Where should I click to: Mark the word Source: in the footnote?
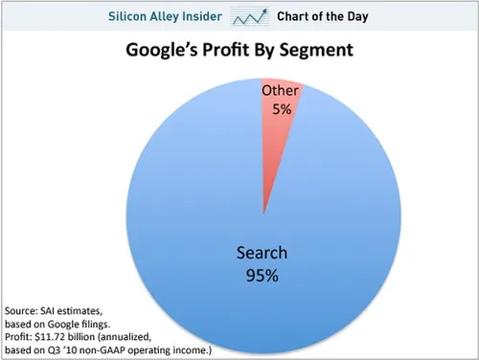24,313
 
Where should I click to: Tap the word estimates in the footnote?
91,313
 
